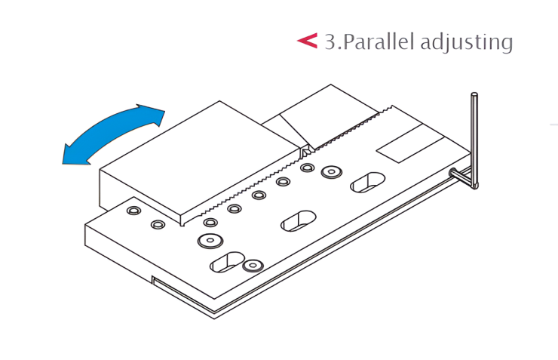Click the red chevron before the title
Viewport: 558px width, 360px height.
click(308, 40)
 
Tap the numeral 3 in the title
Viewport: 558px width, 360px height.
click(330, 42)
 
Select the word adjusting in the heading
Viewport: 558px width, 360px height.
click(467, 43)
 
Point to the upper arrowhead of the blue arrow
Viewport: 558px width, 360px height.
click(152, 114)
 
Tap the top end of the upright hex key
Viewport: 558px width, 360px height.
click(474, 95)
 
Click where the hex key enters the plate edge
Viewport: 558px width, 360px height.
click(453, 173)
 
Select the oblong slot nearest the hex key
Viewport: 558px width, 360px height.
click(368, 182)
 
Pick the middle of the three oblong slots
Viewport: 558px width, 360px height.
click(298, 221)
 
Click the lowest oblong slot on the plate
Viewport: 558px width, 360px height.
click(227, 262)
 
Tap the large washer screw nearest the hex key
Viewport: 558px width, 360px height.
click(331, 172)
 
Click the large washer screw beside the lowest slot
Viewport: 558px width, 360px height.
click(253, 265)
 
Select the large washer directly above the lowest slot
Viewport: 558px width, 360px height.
click(210, 240)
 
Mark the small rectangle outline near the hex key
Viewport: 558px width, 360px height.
click(410, 143)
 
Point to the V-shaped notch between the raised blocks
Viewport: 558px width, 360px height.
click(307, 152)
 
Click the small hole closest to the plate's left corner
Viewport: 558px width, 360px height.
click(133, 211)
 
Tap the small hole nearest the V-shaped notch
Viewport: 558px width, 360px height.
click(307, 168)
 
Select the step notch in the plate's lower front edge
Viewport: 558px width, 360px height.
click(152, 280)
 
